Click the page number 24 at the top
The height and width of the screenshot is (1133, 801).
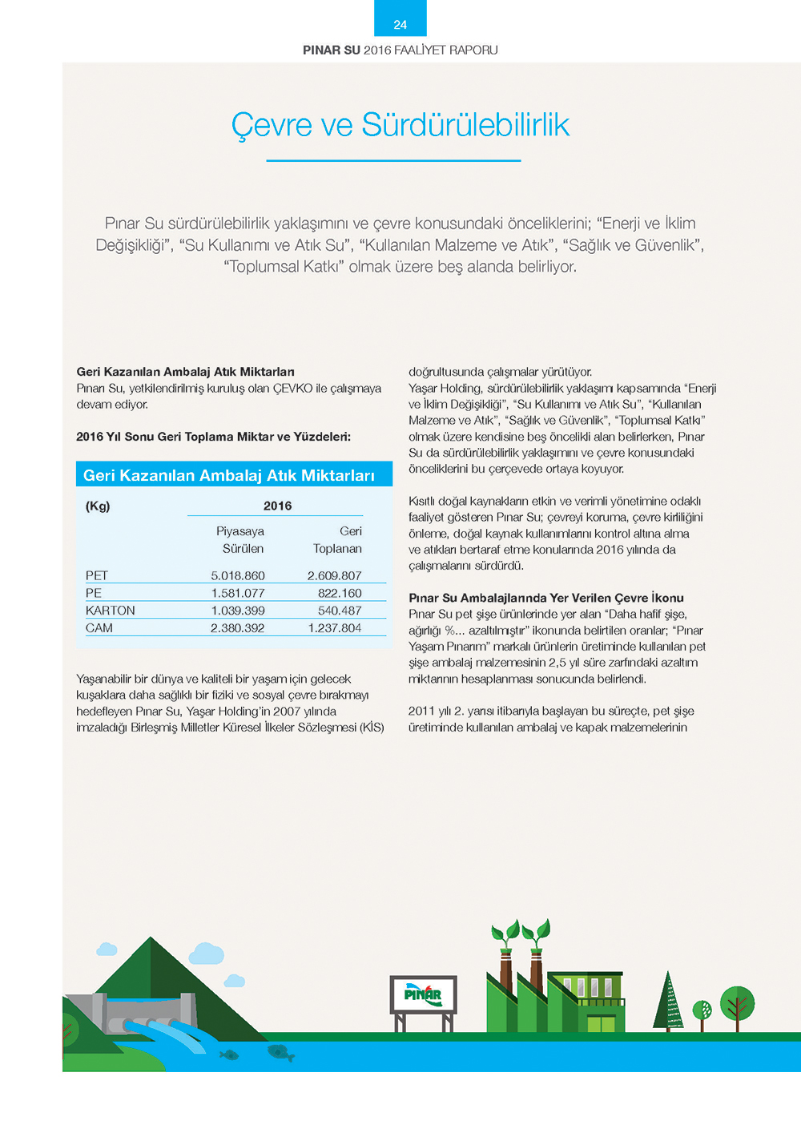pyautogui.click(x=400, y=25)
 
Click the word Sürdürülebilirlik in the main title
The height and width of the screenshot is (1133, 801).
pyautogui.click(x=465, y=125)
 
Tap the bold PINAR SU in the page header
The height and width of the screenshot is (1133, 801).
pyautogui.click(x=331, y=50)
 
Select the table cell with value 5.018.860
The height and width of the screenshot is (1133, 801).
pyautogui.click(x=238, y=575)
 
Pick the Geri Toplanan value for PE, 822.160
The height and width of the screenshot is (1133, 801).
pyautogui.click(x=340, y=593)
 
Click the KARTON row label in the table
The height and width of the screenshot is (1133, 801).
pyautogui.click(x=111, y=611)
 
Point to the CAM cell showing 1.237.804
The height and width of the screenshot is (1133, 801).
pyautogui.click(x=335, y=628)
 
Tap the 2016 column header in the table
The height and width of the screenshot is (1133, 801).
pyautogui.click(x=277, y=506)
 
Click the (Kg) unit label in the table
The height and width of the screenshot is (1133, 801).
pyautogui.click(x=98, y=506)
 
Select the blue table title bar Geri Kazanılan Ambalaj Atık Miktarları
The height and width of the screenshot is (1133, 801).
pyautogui.click(x=234, y=475)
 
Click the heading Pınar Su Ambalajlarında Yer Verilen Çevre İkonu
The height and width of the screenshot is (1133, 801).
pyautogui.click(x=545, y=598)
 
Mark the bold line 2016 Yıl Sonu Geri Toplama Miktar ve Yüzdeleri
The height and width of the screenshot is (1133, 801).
pyautogui.click(x=213, y=437)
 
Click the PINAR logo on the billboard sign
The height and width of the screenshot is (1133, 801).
pyautogui.click(x=423, y=994)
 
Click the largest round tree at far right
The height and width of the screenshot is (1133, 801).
pyautogui.click(x=737, y=1003)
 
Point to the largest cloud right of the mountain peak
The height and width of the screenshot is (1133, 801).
pyautogui.click(x=207, y=954)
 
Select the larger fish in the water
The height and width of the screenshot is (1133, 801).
pyautogui.click(x=280, y=1052)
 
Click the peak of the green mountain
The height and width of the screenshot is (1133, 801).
pyautogui.click(x=150, y=940)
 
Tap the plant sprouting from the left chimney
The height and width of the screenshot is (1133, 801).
pyautogui.click(x=505, y=933)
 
